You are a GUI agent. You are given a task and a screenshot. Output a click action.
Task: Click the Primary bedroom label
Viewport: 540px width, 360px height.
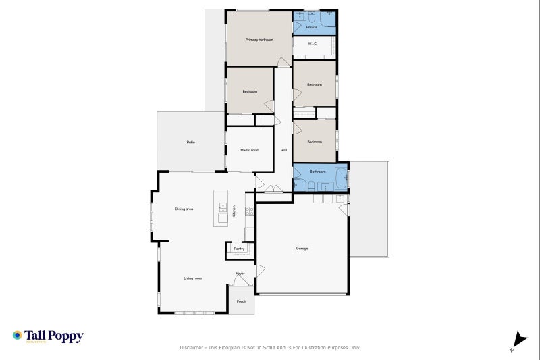(259, 40)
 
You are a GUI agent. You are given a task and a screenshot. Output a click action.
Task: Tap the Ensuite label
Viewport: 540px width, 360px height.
(312, 27)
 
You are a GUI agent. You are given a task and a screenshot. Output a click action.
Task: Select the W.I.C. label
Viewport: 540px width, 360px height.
(313, 43)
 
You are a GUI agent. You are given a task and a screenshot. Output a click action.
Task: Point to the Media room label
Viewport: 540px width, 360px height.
(250, 150)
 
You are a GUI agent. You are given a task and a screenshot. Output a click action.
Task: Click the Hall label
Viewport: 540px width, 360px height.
(283, 150)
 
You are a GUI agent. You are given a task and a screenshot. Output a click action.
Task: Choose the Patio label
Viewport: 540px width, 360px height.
(191, 142)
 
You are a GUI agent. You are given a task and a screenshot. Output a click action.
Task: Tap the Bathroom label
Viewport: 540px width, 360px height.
(317, 172)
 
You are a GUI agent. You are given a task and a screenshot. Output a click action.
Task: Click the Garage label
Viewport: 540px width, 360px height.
(302, 249)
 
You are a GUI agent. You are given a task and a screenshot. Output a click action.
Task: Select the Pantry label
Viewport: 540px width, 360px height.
(239, 249)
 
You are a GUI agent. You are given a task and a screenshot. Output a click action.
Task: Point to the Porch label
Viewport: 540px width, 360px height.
(241, 301)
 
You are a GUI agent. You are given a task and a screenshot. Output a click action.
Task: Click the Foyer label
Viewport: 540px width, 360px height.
(240, 274)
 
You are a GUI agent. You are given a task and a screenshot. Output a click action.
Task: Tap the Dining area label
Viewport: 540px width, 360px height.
(184, 209)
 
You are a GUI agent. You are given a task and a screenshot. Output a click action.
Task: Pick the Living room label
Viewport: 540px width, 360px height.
(193, 278)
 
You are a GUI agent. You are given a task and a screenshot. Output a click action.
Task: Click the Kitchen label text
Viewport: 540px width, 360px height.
(234, 211)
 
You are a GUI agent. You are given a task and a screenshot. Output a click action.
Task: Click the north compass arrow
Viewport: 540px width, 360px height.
(518, 340)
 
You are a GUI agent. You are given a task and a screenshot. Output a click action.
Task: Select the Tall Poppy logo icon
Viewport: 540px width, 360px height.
(17, 335)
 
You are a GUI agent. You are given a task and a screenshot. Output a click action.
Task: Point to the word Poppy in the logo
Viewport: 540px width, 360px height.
(65, 335)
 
